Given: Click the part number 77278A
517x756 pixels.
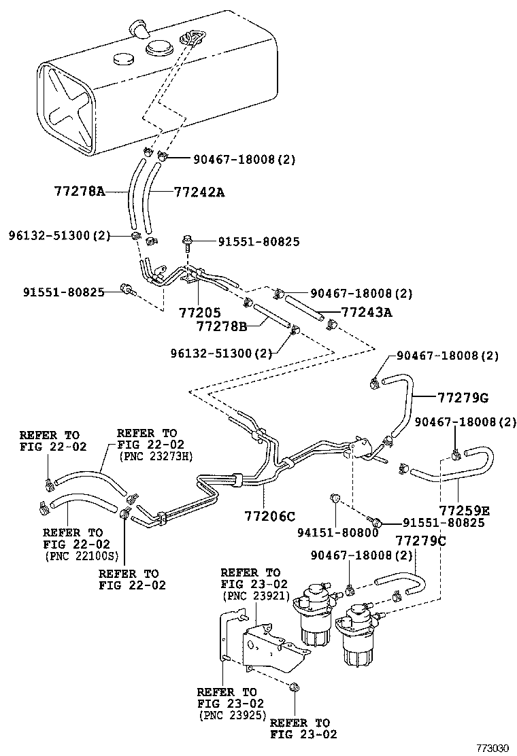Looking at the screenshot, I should click(79, 192).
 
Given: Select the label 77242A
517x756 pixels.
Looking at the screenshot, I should click(199, 192).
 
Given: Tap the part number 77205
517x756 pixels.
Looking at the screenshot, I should click(199, 313).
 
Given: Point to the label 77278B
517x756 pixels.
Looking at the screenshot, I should click(222, 327).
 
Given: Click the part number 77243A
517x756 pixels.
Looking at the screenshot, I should click(367, 312).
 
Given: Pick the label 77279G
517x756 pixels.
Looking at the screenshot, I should click(463, 398).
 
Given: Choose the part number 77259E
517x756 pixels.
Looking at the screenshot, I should click(464, 509).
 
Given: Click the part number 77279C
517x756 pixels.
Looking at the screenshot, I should click(421, 540).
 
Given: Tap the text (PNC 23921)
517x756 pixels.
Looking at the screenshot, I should click(250, 596).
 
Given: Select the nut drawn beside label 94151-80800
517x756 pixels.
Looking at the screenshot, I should click(335, 502).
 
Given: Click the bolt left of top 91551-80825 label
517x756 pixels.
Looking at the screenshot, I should click(186, 241).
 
